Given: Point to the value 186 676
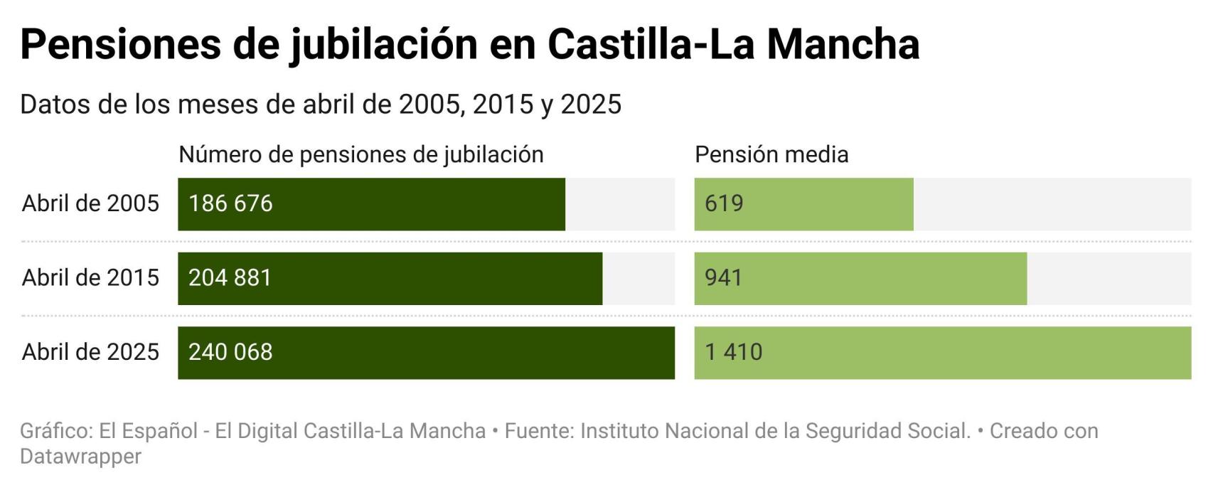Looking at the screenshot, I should coord(230,204).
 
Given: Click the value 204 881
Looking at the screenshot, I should coord(230,278).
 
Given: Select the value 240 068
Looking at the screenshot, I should coord(230,353).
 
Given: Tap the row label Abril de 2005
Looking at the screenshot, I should coord(90,204).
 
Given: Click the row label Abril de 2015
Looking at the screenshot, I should coord(90,278).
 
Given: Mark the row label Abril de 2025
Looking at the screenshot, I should coord(90,353).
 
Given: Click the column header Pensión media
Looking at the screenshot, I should coord(771,155).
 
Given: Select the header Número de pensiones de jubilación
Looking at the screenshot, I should coord(360,155).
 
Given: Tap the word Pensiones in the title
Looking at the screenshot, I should coord(121,44).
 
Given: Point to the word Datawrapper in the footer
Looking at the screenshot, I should coord(80,457).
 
